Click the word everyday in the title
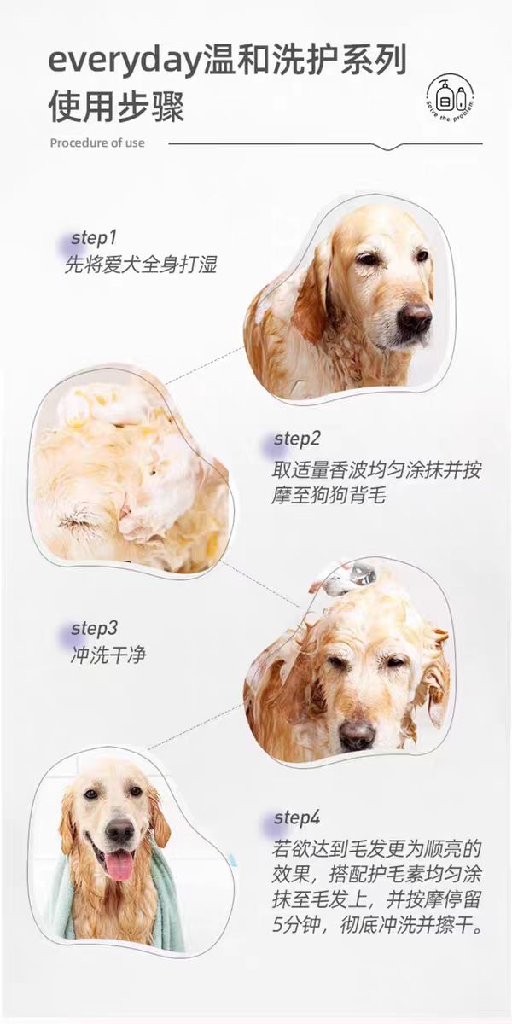point(125,61)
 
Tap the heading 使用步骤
point(117,107)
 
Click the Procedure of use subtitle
point(97,143)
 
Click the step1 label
point(94,238)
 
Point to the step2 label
point(297,439)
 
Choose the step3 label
point(94,629)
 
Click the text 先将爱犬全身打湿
point(140,265)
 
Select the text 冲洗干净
point(108,655)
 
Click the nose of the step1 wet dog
point(414,317)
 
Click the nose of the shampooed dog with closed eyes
point(357,735)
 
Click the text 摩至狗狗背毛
point(329,496)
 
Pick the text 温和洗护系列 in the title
point(305,61)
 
